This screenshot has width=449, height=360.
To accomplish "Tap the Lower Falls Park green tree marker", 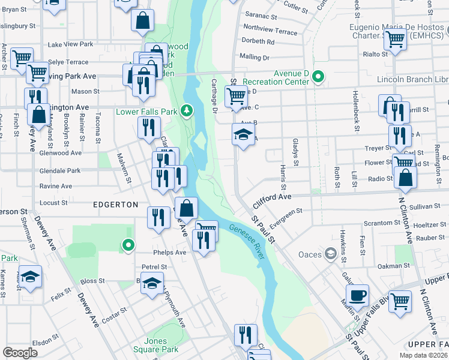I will pyautogui.click(x=187, y=110).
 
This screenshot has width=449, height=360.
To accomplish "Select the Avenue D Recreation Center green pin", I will pyautogui.click(x=319, y=77).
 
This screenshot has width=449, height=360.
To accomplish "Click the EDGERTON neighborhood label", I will pyautogui.click(x=116, y=205).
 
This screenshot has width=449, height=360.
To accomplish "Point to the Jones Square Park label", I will pyautogui.click(x=162, y=345).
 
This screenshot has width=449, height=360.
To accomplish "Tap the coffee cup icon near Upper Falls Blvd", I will pyautogui.click(x=358, y=295).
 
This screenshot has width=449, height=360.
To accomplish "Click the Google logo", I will pyautogui.click(x=20, y=352).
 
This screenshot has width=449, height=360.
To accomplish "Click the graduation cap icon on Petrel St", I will pyautogui.click(x=152, y=283).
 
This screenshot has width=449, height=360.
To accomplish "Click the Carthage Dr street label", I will pyautogui.click(x=214, y=95).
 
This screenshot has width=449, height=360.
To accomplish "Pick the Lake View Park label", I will pyautogui.click(x=70, y=44).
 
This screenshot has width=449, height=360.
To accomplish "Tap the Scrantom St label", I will pyautogui.click(x=378, y=223).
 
